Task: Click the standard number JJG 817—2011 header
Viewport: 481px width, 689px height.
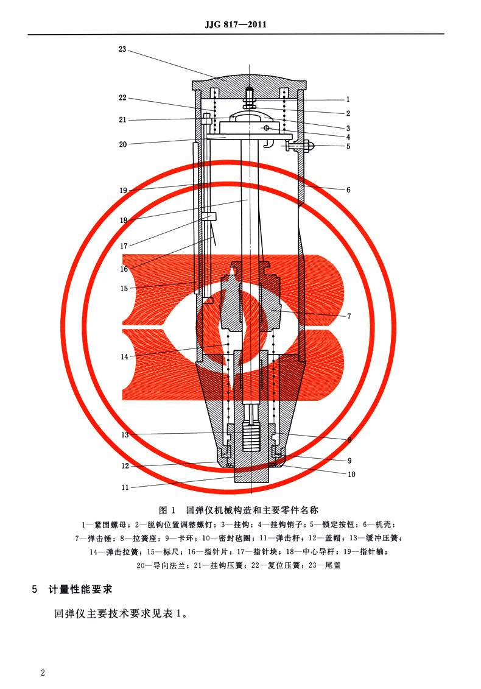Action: pyautogui.click(x=237, y=25)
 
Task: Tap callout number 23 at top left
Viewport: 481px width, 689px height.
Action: pyautogui.click(x=122, y=49)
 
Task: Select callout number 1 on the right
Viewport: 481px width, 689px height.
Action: pyautogui.click(x=348, y=99)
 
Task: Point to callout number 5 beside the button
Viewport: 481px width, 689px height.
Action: pyautogui.click(x=348, y=146)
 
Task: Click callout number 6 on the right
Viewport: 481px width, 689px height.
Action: pyautogui.click(x=348, y=189)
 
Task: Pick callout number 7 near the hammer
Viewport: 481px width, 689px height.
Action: pyautogui.click(x=349, y=316)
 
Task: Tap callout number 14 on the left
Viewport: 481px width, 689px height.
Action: pyautogui.click(x=124, y=357)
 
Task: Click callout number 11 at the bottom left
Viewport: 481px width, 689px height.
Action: pyautogui.click(x=125, y=487)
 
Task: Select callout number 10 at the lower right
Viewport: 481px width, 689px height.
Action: pyautogui.click(x=351, y=475)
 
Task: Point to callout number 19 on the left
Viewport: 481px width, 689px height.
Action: pyautogui.click(x=123, y=190)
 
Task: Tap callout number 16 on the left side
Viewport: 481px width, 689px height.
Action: pyautogui.click(x=124, y=269)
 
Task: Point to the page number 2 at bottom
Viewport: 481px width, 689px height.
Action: pyautogui.click(x=43, y=673)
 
